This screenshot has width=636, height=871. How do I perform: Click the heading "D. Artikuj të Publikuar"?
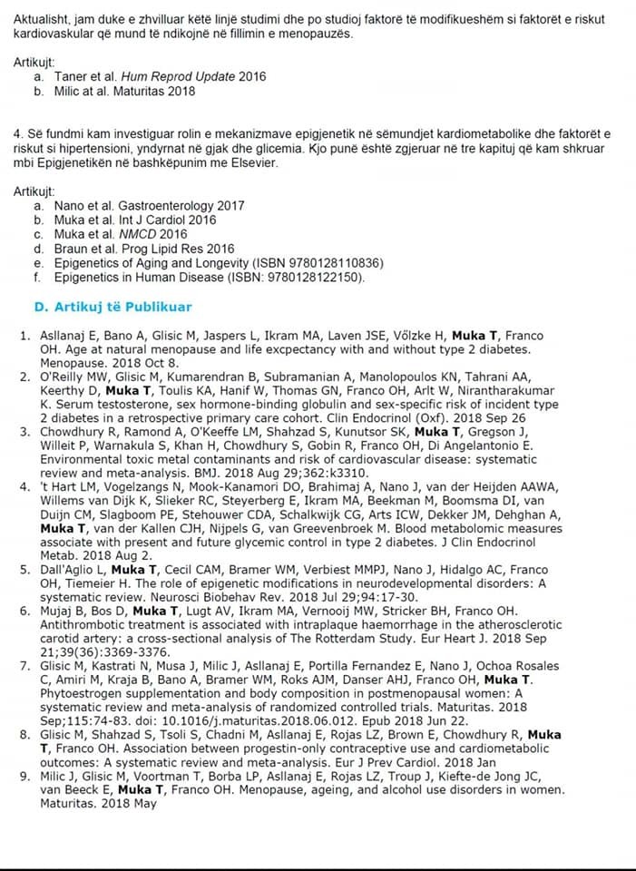click(x=113, y=308)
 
